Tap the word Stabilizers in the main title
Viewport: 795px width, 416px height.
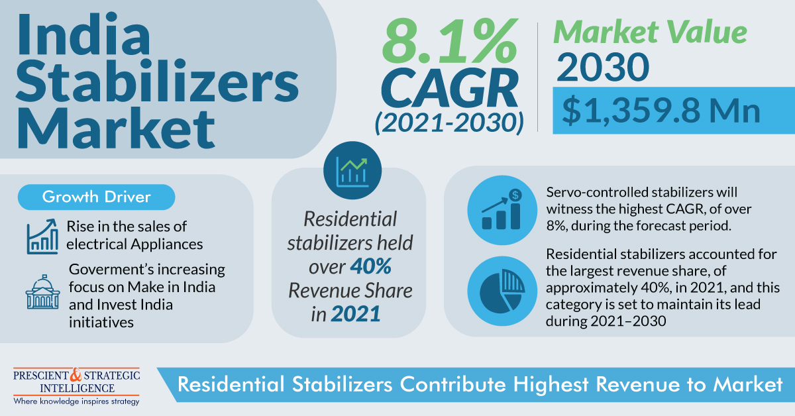[x=158, y=81]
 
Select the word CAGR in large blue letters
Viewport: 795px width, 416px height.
[x=450, y=88]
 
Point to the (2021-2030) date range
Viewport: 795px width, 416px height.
[x=449, y=123]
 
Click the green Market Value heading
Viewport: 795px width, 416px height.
[x=650, y=32]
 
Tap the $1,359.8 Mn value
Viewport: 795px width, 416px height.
[x=661, y=111]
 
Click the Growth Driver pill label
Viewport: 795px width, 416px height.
[x=97, y=197]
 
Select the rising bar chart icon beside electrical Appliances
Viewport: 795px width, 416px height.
[x=42, y=236]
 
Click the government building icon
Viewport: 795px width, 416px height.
[x=42, y=291]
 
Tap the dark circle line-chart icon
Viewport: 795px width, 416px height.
[x=352, y=170]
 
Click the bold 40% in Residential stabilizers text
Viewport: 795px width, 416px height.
[x=371, y=266]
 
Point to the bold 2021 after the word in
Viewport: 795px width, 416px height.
[x=356, y=314]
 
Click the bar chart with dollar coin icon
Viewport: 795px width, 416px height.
[x=502, y=210]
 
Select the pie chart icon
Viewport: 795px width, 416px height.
[x=502, y=291]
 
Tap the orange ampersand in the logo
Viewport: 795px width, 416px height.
[x=76, y=375]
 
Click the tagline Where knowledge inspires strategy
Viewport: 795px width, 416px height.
[x=76, y=401]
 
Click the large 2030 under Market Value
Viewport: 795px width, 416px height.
[x=603, y=67]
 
